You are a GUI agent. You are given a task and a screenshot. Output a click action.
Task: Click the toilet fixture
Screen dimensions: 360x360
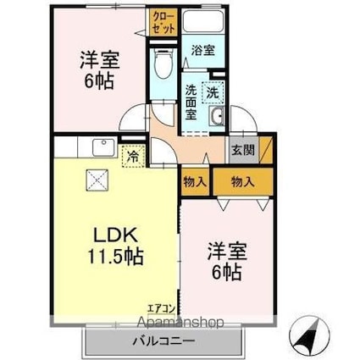pyautogui.click(x=163, y=64)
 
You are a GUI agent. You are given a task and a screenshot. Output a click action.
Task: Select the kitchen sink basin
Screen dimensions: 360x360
pyautogui.click(x=103, y=147)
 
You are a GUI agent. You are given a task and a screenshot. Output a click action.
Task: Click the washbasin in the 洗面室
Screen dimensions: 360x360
pyautogui.click(x=217, y=116)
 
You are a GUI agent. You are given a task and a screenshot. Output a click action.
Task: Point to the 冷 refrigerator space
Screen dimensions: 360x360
pyautogui.click(x=133, y=156)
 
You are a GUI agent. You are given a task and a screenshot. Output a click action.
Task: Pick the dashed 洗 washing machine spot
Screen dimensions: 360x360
pyautogui.click(x=213, y=92)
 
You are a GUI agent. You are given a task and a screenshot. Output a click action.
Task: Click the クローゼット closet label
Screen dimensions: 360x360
pyautogui.click(x=163, y=23)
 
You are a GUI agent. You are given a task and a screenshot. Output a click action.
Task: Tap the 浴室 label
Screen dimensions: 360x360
pyautogui.click(x=203, y=51)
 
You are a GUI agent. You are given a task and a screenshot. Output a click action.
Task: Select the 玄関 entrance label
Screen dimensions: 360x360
pyautogui.click(x=243, y=150)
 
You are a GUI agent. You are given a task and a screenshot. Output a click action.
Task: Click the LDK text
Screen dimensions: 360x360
pyautogui.click(x=116, y=235)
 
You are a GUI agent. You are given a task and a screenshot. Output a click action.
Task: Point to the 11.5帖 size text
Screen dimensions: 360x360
pyautogui.click(x=115, y=256)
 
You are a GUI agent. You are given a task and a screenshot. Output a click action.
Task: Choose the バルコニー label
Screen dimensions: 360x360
pyautogui.click(x=164, y=341)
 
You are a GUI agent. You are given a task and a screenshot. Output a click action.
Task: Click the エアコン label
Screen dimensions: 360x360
pyautogui.click(x=162, y=308)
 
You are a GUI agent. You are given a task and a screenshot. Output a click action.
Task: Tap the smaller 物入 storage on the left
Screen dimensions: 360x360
pyautogui.click(x=196, y=182)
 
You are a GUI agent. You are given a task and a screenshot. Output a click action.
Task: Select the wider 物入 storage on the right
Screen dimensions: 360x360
pyautogui.click(x=243, y=182)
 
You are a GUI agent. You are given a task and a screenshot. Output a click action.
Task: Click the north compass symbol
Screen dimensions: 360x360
pyautogui.click(x=309, y=335)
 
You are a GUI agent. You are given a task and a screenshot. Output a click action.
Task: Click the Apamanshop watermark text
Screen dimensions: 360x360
pyautogui.click(x=180, y=322)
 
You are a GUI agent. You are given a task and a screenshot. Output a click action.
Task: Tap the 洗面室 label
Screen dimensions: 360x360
pyautogui.click(x=191, y=102)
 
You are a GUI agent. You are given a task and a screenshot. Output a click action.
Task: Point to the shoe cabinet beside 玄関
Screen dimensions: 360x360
pyautogui.click(x=266, y=150)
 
